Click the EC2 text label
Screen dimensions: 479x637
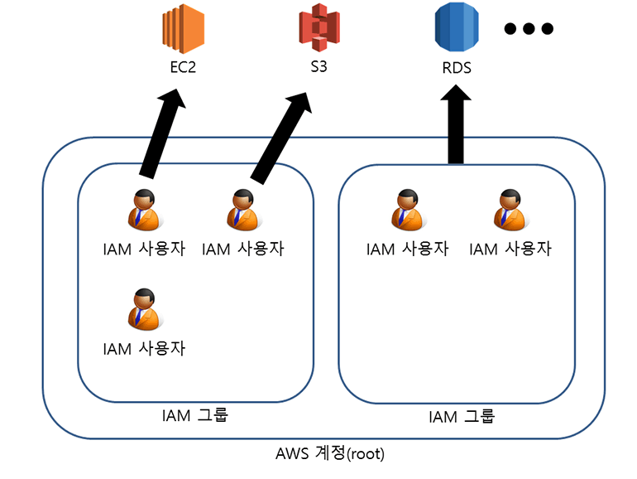click(x=182, y=67)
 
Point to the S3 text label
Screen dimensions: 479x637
click(x=319, y=66)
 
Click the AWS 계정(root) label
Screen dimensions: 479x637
click(x=329, y=454)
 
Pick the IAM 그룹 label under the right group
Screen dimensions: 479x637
click(x=461, y=416)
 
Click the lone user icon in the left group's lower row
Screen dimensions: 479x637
click(x=143, y=307)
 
